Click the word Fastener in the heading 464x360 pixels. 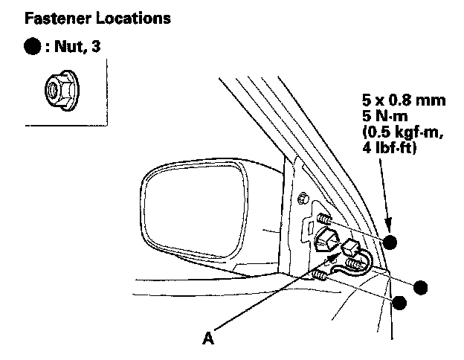click(x=53, y=17)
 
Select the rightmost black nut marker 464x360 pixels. click(x=421, y=288)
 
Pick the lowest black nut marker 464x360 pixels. click(x=400, y=302)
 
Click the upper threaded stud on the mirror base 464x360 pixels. click(x=323, y=219)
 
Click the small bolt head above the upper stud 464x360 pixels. click(x=303, y=198)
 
